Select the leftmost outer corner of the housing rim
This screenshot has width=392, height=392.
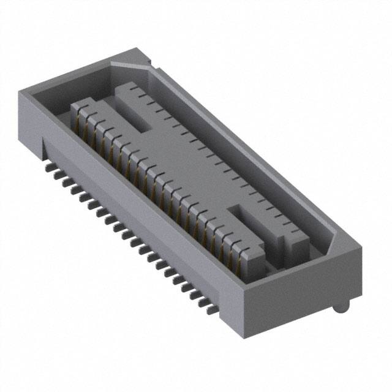[19, 92]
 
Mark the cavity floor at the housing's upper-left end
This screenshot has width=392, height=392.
[55, 104]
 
